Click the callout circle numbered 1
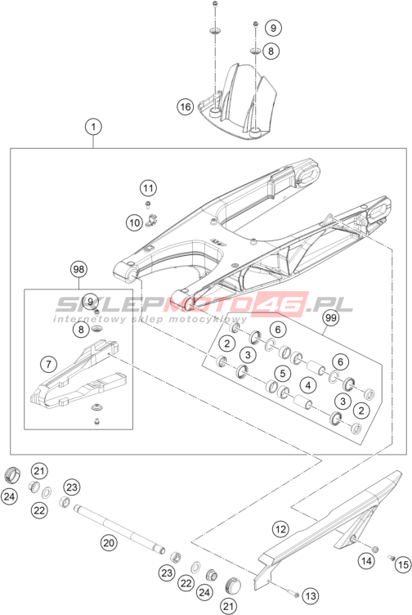93,127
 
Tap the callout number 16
185,106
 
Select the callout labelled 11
148,188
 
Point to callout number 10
134,222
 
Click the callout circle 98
78,269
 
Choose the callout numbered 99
331,317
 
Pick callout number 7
48,365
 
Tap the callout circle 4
308,385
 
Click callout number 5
283,374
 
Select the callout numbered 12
280,529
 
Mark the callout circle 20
109,543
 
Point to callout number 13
311,596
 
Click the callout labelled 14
366,561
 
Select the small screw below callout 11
149,204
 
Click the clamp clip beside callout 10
151,221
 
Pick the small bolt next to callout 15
392,558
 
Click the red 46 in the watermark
280,304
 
